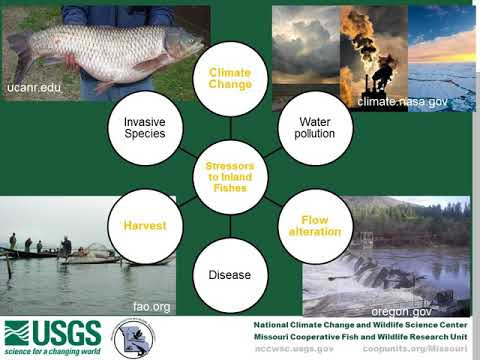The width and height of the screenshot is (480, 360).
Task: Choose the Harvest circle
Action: click(145, 226)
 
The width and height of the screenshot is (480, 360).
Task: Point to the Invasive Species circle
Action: click(145, 128)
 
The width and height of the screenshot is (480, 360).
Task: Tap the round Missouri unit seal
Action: click(132, 338)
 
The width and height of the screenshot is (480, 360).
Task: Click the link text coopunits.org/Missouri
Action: click(422, 350)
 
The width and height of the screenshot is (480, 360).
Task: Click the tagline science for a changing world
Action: click(52, 353)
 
